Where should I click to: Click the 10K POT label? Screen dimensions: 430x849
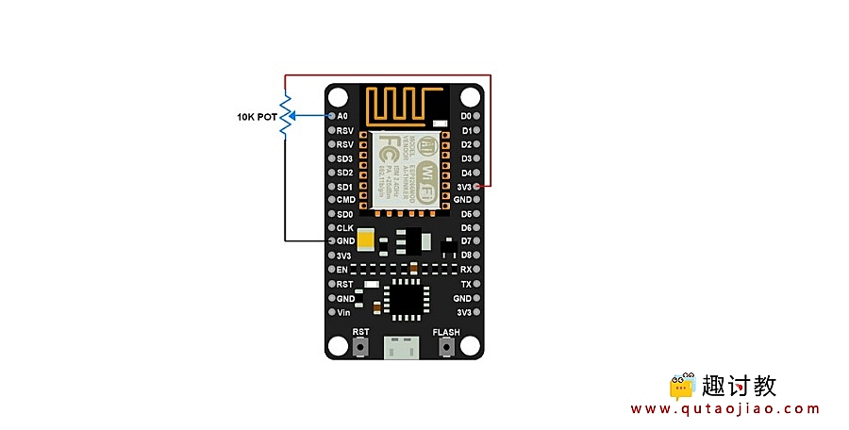257,117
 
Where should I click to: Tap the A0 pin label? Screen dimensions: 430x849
342,116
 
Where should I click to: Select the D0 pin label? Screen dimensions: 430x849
465,116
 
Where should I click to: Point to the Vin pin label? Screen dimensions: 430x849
343,312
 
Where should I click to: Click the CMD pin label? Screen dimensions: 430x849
345,200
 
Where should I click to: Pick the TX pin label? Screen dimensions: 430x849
465,284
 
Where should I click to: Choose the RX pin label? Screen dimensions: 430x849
465,270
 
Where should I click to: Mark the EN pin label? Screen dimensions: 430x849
343,270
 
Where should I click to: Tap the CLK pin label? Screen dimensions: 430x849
344,228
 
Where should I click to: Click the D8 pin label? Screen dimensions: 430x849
465,256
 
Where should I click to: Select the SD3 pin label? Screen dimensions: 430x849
344,158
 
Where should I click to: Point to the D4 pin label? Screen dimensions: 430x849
465,173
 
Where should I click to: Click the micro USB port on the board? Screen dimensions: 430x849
404,348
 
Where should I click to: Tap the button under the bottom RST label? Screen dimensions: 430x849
361,348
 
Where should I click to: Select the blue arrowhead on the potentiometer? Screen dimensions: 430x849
293,116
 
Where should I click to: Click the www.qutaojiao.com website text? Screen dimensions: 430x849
724,408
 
